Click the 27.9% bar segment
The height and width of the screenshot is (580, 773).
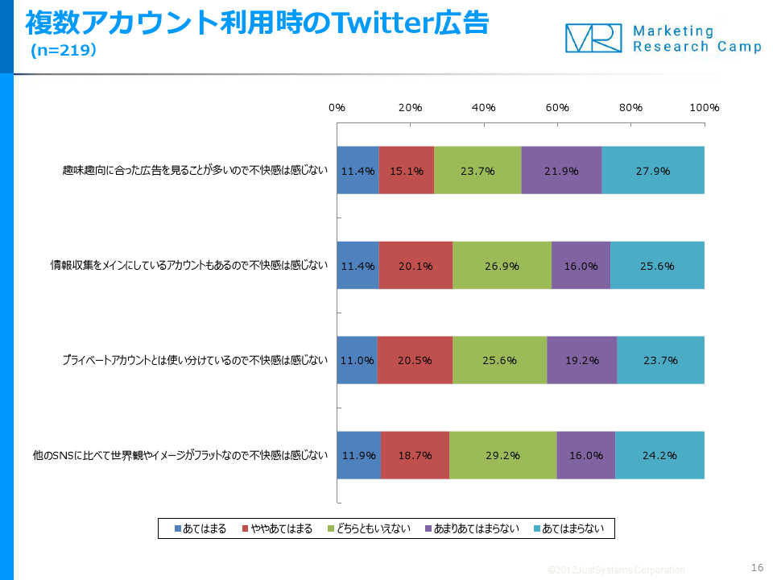653,171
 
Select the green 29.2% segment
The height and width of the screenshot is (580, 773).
502,455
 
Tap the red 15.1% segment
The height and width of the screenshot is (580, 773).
407,171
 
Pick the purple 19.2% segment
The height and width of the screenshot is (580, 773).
581,360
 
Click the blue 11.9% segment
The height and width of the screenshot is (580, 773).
358,455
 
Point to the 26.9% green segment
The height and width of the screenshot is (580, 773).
502,266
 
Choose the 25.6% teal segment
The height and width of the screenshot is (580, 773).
657,266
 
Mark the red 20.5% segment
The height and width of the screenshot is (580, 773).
415,360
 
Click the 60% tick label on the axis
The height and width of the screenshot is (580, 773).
557,108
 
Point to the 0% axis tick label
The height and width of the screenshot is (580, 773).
337,108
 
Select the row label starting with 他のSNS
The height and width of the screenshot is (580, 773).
176,455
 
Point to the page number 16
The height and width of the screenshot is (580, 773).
756,566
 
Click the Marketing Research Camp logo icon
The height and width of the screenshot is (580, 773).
594,38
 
